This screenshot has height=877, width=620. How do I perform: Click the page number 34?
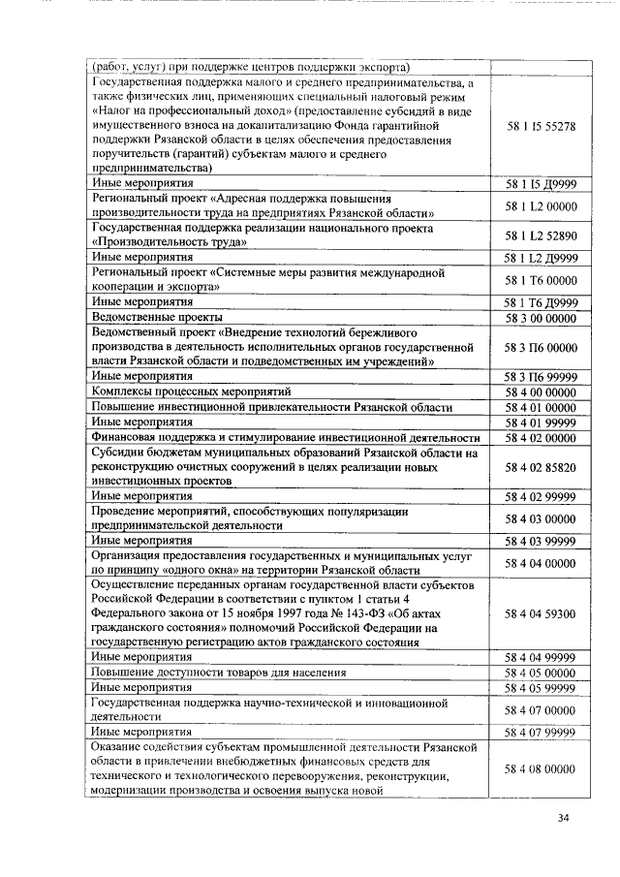(563, 819)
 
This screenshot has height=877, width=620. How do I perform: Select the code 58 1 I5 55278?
(541, 126)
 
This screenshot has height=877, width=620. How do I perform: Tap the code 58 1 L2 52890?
(541, 235)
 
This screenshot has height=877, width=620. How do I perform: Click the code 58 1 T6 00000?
(541, 280)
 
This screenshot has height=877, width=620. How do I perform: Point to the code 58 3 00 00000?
(541, 317)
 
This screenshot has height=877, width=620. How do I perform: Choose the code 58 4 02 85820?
(541, 466)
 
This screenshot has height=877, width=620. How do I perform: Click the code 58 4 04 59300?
(541, 613)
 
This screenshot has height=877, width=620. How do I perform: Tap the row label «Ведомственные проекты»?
(157, 317)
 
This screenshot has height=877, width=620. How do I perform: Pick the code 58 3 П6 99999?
(541, 375)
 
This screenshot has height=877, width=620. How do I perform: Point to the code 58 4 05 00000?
(541, 673)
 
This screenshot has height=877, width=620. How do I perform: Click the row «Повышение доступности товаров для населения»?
(219, 673)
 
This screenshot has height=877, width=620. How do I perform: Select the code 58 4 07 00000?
(541, 709)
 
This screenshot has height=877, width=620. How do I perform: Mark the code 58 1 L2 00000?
(541, 206)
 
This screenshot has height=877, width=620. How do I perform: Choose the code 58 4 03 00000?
(541, 518)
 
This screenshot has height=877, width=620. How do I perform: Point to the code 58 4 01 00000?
(541, 407)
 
